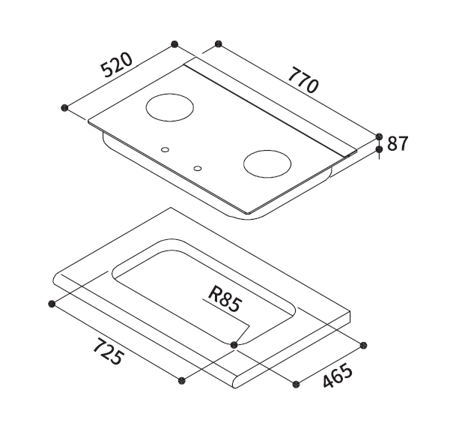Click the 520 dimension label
pos(116,65)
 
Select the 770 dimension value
pos(303,79)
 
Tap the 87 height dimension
pos(398,143)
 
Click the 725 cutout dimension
pos(109,352)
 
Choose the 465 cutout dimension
pos(338,376)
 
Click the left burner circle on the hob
pos(169,107)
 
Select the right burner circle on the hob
pos(267,163)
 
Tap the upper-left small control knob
pos(165,150)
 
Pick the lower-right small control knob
pos(198,168)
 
